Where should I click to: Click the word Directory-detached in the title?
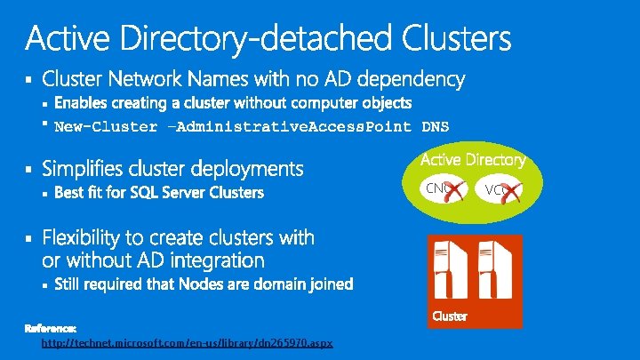pyautogui.click(x=258, y=38)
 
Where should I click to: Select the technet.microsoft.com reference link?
pyautogui.click(x=188, y=343)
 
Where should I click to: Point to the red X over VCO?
pyautogui.click(x=508, y=189)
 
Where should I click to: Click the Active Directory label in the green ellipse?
pyautogui.click(x=472, y=160)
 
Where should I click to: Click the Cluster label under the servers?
pyautogui.click(x=450, y=317)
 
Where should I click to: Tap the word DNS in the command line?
pyautogui.click(x=436, y=126)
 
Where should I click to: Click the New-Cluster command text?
pyautogui.click(x=106, y=126)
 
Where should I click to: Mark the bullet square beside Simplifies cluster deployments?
pyautogui.click(x=28, y=168)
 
